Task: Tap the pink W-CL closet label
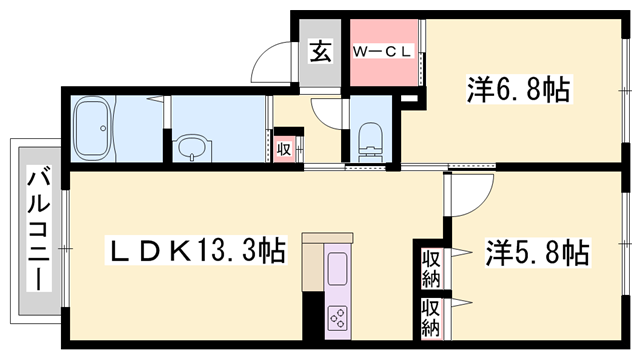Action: (382, 51)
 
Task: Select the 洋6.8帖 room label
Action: (517, 91)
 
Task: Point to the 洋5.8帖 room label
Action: (537, 252)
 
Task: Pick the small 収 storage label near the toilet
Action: (284, 148)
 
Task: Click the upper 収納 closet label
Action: (430, 266)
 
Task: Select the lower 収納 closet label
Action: (430, 318)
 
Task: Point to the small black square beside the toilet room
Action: (407, 100)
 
